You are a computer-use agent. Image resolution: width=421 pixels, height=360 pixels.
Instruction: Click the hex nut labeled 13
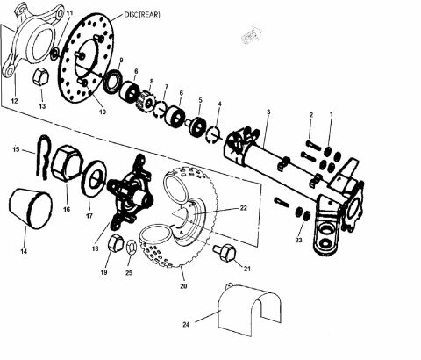pos(39,79)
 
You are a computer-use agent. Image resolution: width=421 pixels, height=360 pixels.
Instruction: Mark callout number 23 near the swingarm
pos(299,238)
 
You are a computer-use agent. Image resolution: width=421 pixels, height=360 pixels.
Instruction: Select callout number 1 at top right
pos(331,114)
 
